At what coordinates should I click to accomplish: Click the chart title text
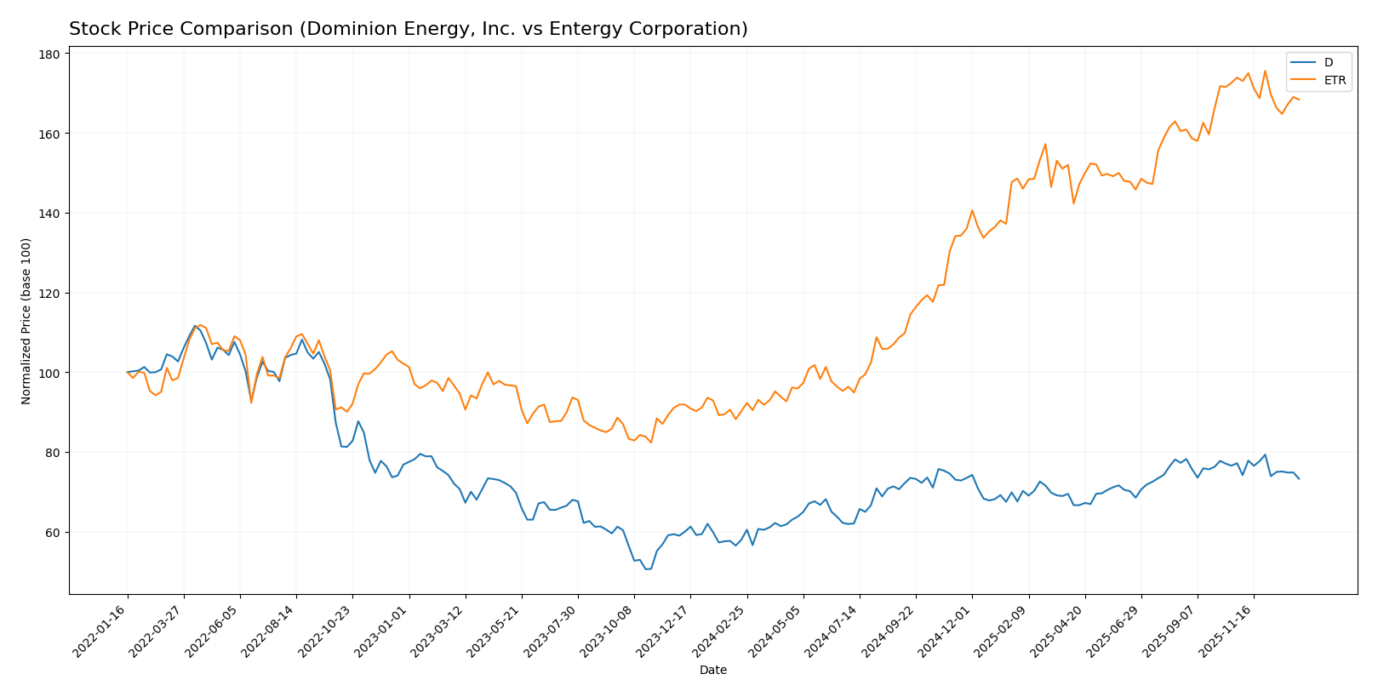tap(408, 29)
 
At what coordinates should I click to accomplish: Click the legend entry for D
tap(1328, 62)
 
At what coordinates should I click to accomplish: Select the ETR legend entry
tap(1335, 81)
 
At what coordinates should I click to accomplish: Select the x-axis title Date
tap(712, 671)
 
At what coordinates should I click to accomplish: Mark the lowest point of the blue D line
tap(647, 568)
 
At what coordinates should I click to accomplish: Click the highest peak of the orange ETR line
tap(1265, 71)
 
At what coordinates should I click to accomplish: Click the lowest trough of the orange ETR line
tap(651, 443)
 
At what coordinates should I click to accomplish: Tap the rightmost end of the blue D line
tap(1299, 478)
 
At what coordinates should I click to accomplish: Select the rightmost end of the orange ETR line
tap(1299, 100)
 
